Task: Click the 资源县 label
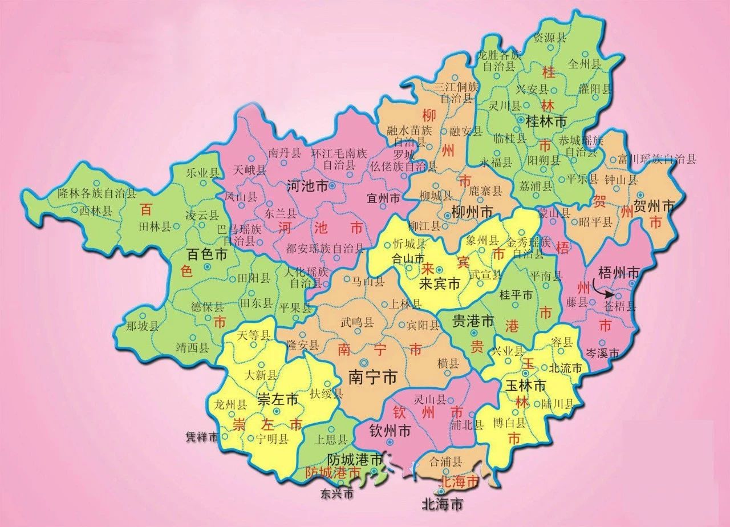549,38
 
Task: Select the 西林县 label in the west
96,211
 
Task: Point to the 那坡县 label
142,327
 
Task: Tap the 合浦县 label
446,460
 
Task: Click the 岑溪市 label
602,354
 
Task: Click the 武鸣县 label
357,322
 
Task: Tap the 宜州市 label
383,198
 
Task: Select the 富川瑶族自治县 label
656,159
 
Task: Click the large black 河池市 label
306,186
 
